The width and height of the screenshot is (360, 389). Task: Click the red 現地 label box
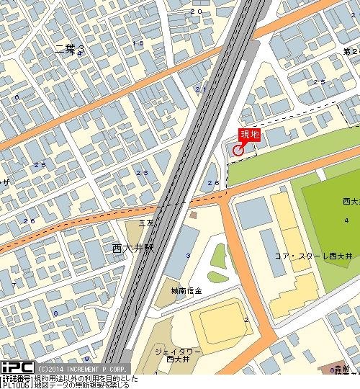249,134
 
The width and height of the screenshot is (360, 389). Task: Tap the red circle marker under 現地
238,149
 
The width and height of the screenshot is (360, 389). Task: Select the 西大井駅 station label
133,248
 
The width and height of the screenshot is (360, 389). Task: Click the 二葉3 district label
69,49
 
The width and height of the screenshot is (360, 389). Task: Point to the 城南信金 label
186,290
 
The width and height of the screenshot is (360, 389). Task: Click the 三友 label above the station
146,224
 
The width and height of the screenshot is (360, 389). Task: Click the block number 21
200,89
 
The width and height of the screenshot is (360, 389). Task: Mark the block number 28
212,183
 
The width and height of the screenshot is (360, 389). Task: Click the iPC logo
17,367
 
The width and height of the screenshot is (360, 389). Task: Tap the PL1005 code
16,385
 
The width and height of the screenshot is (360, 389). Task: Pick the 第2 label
351,52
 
